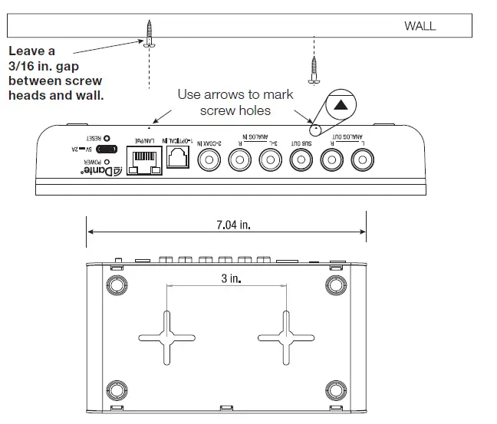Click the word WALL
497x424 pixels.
(x=420, y=26)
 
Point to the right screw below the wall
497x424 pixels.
(x=313, y=68)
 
